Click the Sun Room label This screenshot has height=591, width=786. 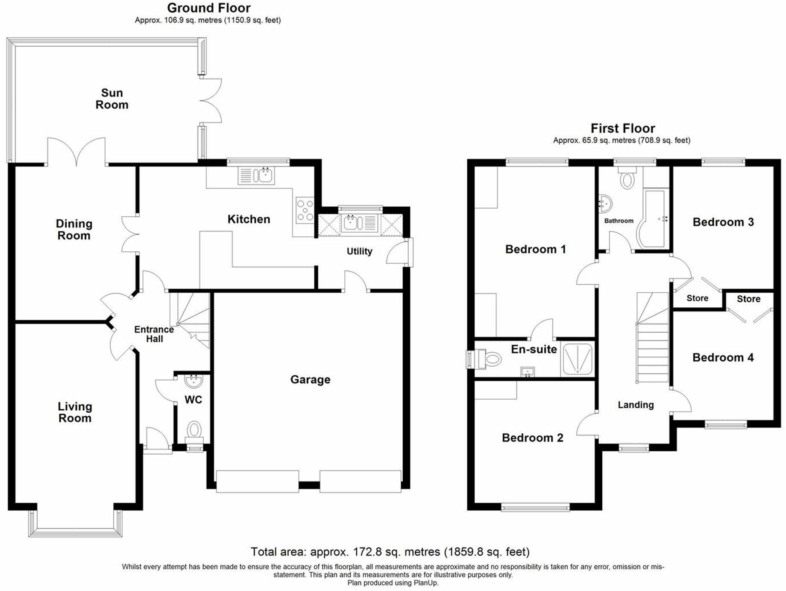pyautogui.click(x=112, y=99)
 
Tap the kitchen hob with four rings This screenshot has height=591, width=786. pyautogui.click(x=305, y=210)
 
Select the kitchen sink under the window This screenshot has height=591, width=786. pyautogui.click(x=256, y=175)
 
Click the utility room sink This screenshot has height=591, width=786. pyautogui.click(x=360, y=223)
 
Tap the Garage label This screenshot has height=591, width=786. pyautogui.click(x=310, y=379)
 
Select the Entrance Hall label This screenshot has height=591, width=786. pyautogui.click(x=154, y=334)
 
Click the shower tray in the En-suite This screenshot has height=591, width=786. pyautogui.click(x=578, y=359)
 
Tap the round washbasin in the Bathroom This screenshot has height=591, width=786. pyautogui.click(x=605, y=204)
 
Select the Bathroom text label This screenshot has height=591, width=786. pyautogui.click(x=619, y=221)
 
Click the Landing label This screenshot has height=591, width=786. pyautogui.click(x=636, y=405)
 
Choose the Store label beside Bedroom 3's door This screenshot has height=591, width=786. pyautogui.click(x=697, y=298)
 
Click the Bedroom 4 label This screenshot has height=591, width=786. pyautogui.click(x=723, y=357)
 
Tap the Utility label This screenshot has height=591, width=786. pyautogui.click(x=359, y=251)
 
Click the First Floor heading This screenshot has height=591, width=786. pyautogui.click(x=622, y=128)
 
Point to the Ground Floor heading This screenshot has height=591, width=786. pyautogui.click(x=208, y=8)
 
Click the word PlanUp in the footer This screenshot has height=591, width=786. pyautogui.click(x=426, y=582)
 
